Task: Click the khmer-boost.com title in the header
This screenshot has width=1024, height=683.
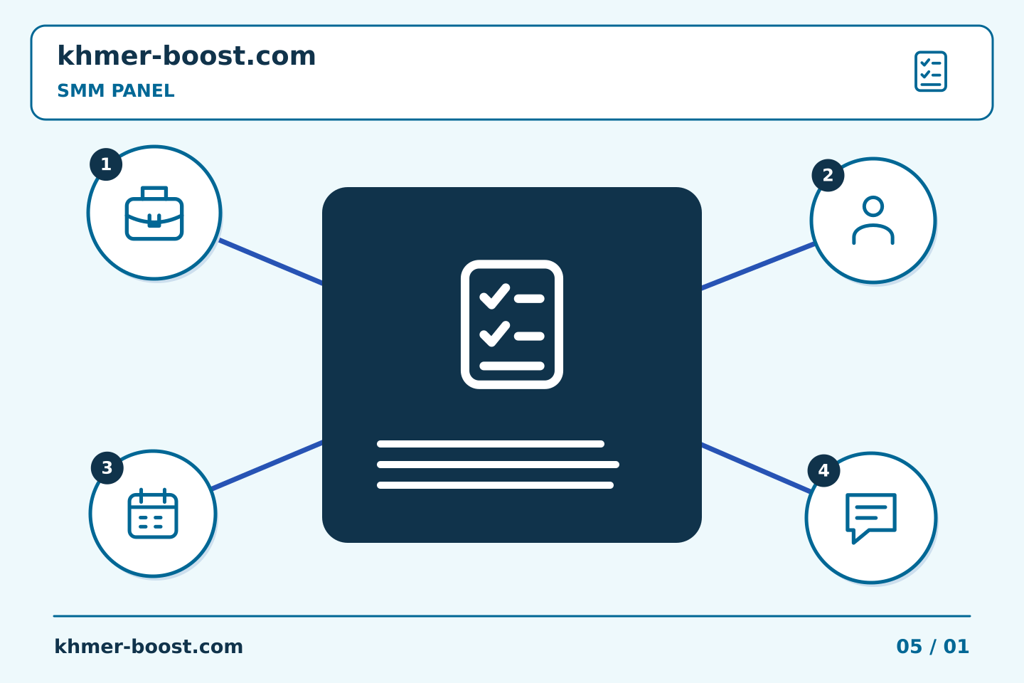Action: click(x=186, y=55)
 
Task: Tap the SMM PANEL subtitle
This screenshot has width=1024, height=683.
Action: click(x=116, y=90)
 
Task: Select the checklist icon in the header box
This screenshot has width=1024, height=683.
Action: click(x=930, y=71)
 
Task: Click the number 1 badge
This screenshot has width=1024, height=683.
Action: click(x=106, y=164)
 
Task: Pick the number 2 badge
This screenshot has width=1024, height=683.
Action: click(x=828, y=175)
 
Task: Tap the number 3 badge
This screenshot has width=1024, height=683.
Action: click(x=107, y=467)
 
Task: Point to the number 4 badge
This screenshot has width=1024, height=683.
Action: click(x=823, y=470)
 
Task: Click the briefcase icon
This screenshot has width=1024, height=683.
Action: click(x=154, y=213)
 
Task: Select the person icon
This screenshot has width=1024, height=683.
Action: click(x=873, y=221)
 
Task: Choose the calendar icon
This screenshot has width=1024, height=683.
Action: click(x=153, y=513)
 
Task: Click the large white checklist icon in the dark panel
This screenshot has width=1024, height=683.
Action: click(x=512, y=324)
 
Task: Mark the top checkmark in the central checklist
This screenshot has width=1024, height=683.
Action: click(x=495, y=297)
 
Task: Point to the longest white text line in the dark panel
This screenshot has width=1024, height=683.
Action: click(x=498, y=465)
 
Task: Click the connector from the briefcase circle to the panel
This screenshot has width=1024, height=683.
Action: click(x=271, y=262)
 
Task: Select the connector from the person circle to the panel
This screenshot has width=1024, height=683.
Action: click(x=758, y=266)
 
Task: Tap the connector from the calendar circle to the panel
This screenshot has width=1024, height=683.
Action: click(x=267, y=466)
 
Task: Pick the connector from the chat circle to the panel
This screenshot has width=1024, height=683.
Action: click(x=757, y=468)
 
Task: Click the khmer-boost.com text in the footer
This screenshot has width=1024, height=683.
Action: click(x=149, y=647)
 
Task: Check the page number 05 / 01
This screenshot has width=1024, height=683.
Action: click(x=932, y=647)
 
